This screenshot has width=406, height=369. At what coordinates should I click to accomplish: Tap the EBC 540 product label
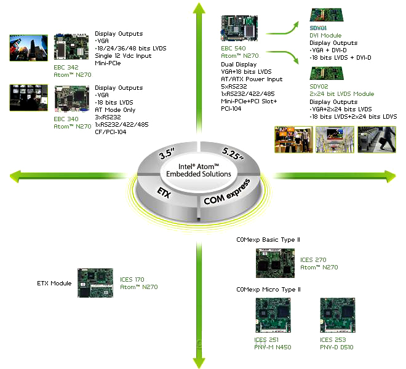pyautogui.click(x=234, y=47)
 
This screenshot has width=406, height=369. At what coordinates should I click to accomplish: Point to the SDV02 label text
pyautogui.click(x=320, y=87)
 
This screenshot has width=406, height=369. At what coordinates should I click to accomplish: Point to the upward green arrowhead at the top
pyautogui.click(x=197, y=9)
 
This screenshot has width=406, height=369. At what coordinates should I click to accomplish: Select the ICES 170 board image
pyautogui.click(x=95, y=283)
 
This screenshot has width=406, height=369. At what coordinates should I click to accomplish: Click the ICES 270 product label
pyautogui.click(x=314, y=259)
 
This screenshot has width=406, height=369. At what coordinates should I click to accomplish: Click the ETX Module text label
pyautogui.click(x=54, y=284)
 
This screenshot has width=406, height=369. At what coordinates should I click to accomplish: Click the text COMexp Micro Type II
pyautogui.click(x=268, y=289)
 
